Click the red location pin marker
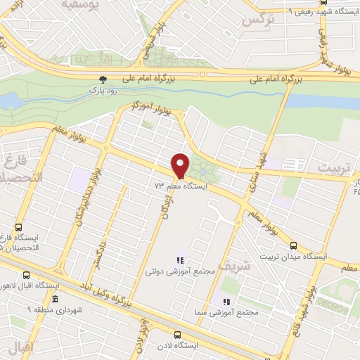(x=181, y=165)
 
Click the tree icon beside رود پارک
(x=103, y=79)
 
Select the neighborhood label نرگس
(x=257, y=20)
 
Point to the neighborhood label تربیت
(x=332, y=169)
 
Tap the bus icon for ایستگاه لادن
(x=177, y=335)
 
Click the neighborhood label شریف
(x=234, y=266)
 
